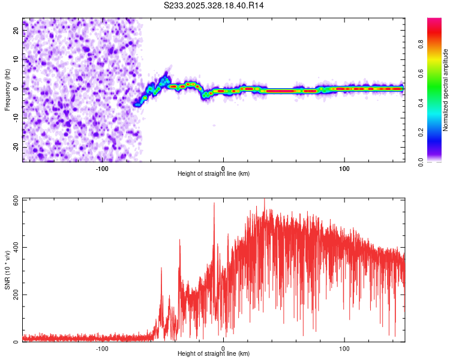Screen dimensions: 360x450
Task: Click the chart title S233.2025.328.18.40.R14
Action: point(214,5)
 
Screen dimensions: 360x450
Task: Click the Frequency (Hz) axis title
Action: point(7,90)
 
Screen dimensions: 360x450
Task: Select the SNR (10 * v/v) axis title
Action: point(7,270)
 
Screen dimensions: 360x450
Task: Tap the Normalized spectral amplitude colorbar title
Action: point(446,90)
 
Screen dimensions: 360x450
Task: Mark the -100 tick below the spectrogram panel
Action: point(102,167)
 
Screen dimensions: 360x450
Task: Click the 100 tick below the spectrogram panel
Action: point(344,167)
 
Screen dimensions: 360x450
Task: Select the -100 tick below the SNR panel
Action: point(102,348)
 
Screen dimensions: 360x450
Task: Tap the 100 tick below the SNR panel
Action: point(344,348)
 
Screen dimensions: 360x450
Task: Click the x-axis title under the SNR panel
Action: point(214,354)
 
